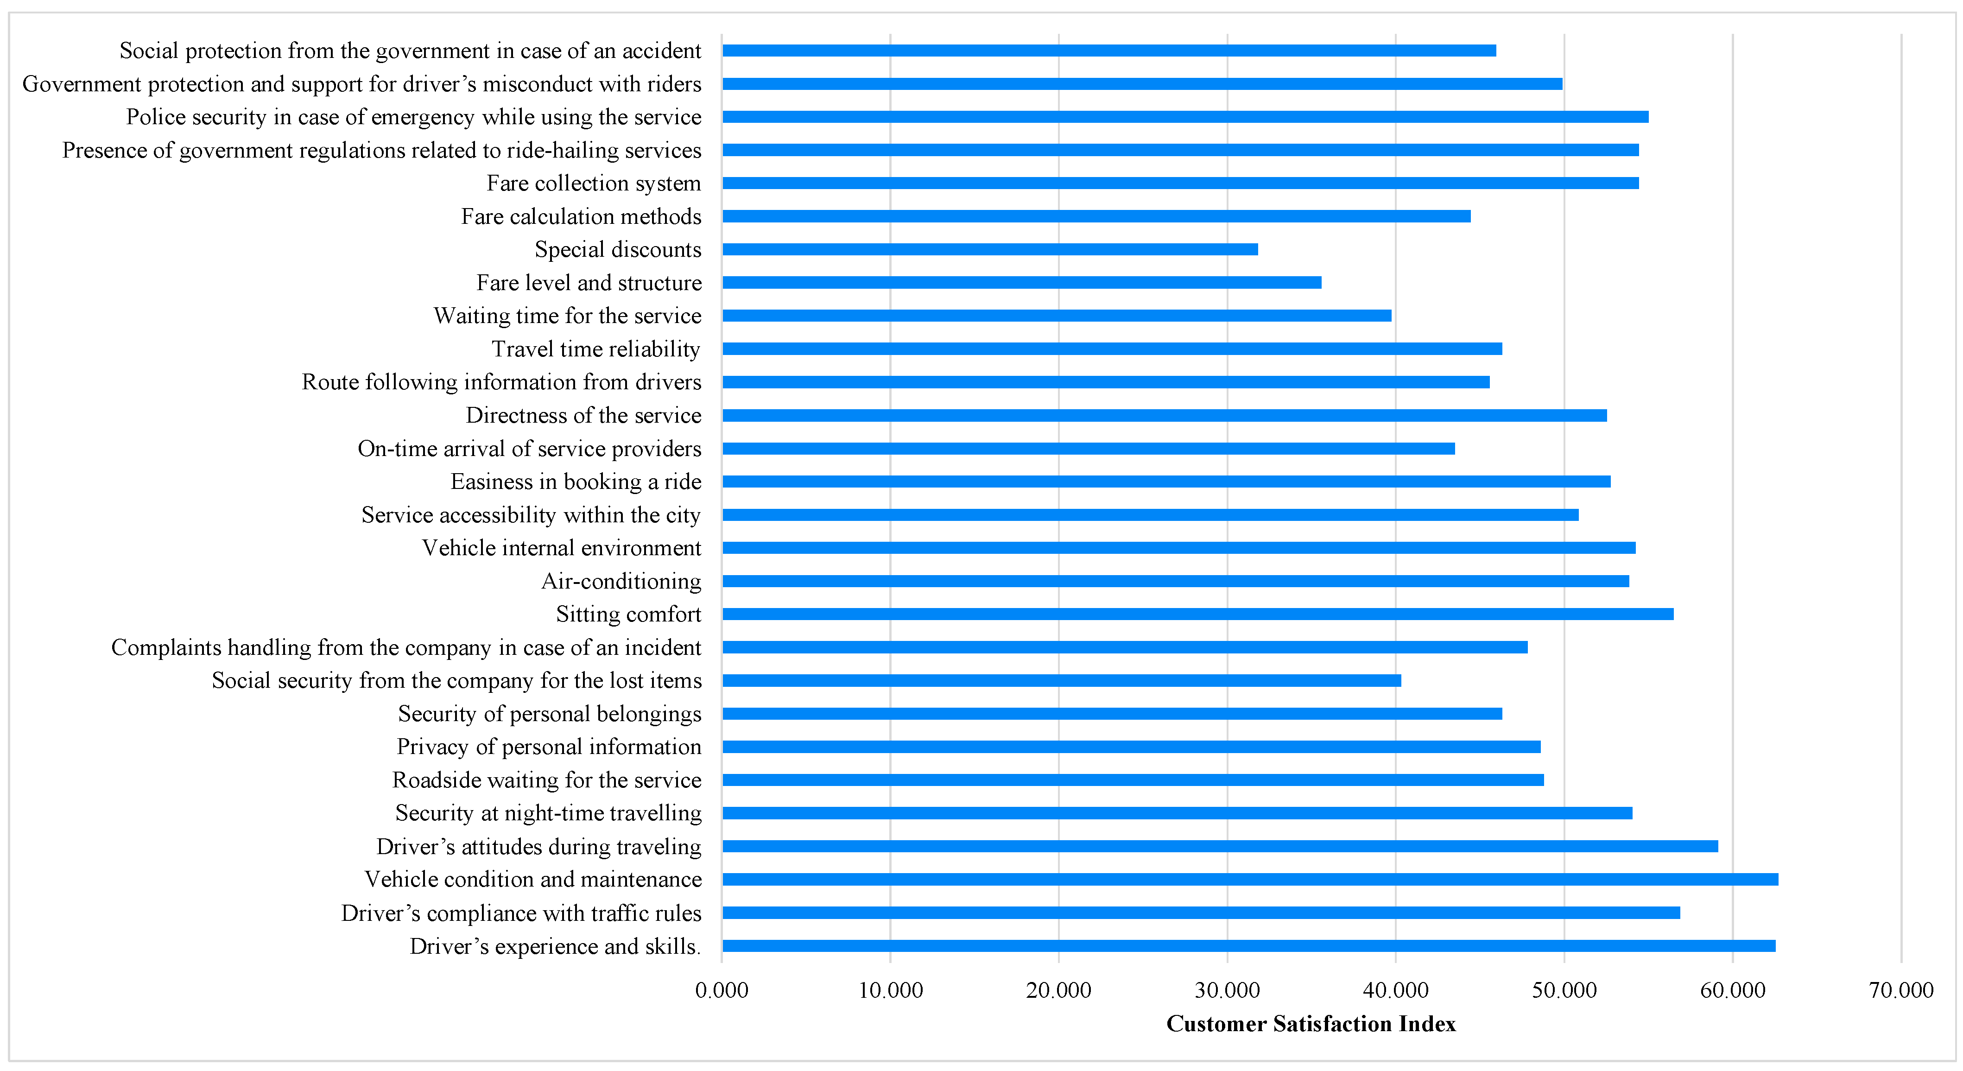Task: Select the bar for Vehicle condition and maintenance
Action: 1250,880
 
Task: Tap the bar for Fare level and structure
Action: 1021,283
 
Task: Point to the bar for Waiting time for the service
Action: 1056,316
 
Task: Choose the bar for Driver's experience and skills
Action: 1248,946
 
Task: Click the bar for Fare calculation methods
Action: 1096,216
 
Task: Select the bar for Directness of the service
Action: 1165,415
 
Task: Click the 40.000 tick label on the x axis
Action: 1395,990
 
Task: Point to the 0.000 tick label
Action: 722,990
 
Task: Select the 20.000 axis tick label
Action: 1058,990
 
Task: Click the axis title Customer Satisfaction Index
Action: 1311,1024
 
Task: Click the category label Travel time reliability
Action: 596,349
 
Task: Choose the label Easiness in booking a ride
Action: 576,482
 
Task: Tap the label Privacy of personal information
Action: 549,747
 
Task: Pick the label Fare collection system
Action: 594,184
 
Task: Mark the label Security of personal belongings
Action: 550,714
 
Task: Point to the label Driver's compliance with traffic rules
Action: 521,913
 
